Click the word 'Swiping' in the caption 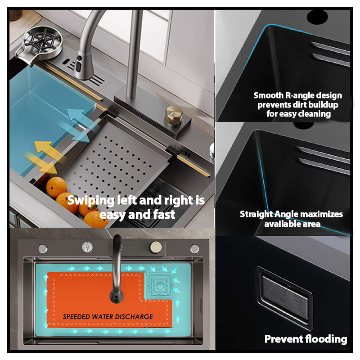click(x=91, y=200)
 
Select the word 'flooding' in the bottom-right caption click(x=326, y=339)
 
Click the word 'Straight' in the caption click(x=256, y=214)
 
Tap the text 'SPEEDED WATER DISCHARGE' click(x=108, y=317)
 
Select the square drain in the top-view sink click(x=160, y=286)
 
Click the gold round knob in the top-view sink click(x=155, y=247)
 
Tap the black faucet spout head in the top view click(x=117, y=296)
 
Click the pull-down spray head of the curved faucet click(x=81, y=67)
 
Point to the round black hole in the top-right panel click(x=317, y=17)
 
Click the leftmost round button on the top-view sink click(x=43, y=248)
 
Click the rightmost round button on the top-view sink click(x=194, y=248)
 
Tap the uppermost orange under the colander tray click(x=56, y=187)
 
